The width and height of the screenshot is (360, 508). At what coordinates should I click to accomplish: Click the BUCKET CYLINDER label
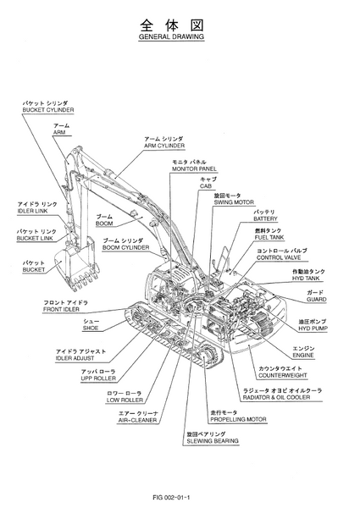point(48,110)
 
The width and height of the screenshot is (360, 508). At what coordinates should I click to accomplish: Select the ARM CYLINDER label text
point(164,146)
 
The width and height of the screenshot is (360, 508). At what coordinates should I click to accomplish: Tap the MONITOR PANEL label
point(194,168)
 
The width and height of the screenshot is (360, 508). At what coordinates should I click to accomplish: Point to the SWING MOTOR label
point(234,202)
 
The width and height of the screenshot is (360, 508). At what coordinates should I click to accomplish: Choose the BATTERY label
point(265,218)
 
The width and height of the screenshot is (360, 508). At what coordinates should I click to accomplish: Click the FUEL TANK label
point(269,237)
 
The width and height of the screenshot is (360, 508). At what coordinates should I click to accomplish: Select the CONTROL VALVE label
point(279,257)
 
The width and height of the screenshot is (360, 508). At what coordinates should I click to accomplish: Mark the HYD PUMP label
point(313,329)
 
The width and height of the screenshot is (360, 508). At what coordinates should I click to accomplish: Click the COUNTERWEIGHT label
point(283,375)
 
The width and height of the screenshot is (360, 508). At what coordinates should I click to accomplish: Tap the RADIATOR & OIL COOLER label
point(276,397)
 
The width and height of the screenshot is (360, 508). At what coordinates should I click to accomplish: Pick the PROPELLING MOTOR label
point(238,419)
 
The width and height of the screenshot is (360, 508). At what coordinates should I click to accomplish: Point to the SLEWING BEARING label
point(213,441)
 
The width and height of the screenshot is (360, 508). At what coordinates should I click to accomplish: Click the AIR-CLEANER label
point(137,420)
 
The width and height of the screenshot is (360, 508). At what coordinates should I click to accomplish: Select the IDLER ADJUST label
point(75,358)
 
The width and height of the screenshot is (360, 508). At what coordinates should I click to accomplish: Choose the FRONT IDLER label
point(61,309)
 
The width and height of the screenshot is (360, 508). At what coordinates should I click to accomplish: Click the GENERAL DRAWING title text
point(171,36)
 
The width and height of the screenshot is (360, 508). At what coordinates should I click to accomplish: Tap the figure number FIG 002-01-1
point(171,497)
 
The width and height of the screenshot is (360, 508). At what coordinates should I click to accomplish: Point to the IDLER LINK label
point(32,211)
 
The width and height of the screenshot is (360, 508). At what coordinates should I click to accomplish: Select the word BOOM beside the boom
point(104,224)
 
